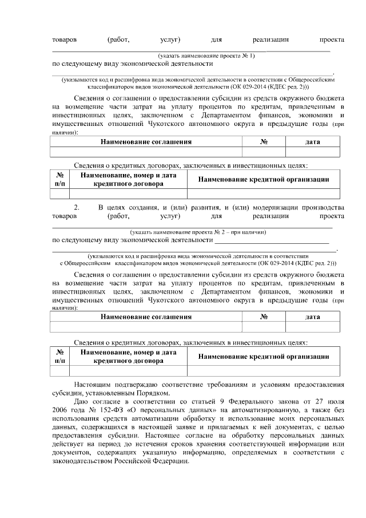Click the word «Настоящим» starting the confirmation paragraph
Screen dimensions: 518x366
[92, 384]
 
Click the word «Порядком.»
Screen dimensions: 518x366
[153, 393]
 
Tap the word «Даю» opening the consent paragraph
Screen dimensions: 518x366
[82, 402]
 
